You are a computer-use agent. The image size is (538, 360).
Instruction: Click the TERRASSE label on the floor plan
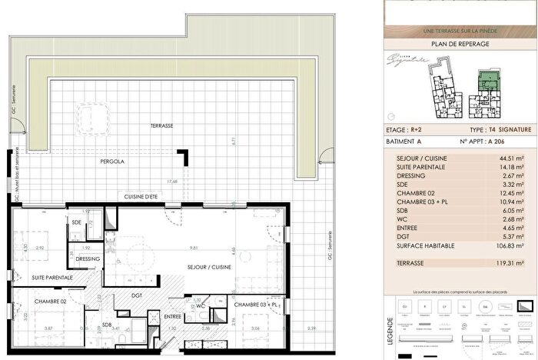pos(161,125)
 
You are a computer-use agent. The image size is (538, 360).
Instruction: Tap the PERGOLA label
pos(112,162)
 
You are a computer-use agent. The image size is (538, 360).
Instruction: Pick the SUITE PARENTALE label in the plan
pos(52,277)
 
